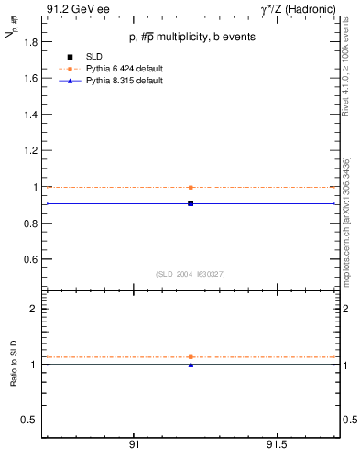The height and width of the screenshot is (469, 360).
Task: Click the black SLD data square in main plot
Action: tap(191, 203)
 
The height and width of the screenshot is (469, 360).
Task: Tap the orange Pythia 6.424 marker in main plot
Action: tap(191, 187)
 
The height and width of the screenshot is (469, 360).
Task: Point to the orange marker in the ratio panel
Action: tap(191, 356)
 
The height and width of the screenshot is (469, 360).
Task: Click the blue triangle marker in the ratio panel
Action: tap(191, 365)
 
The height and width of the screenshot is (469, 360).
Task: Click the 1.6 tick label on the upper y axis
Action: tap(30, 79)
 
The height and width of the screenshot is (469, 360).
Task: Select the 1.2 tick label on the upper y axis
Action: tap(30, 151)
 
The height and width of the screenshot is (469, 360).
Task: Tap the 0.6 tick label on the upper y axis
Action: tap(30, 259)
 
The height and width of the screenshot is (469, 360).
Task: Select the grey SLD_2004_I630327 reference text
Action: tap(191, 274)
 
